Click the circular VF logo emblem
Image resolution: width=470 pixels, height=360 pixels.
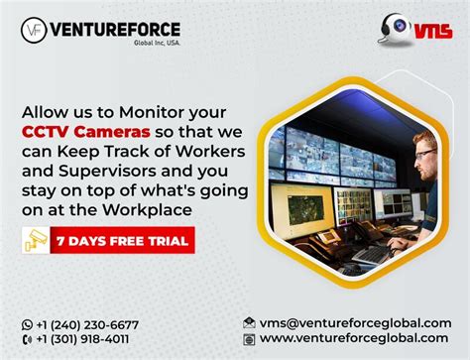point(34,30)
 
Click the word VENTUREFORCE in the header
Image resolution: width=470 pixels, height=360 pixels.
point(115,30)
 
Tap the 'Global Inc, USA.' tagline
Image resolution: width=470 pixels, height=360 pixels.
point(157,43)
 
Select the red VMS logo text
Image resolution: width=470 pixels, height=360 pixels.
point(433,31)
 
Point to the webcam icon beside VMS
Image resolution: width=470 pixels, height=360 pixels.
point(395,29)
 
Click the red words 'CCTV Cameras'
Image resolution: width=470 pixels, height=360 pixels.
point(86,132)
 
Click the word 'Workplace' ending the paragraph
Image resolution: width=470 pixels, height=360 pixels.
point(147,210)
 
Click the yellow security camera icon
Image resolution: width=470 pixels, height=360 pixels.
point(36,240)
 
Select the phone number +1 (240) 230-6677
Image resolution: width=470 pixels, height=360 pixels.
point(87,325)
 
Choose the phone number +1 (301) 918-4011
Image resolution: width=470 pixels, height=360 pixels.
point(82,339)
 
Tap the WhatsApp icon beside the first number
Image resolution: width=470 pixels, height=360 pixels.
point(27,325)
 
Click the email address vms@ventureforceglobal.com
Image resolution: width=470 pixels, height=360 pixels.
point(355,323)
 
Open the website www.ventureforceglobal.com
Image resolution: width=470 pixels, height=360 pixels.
point(354,338)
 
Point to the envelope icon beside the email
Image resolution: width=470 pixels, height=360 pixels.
point(249,322)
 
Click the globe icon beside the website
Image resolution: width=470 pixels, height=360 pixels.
point(249,339)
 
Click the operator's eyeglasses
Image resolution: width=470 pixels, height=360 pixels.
point(425,154)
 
